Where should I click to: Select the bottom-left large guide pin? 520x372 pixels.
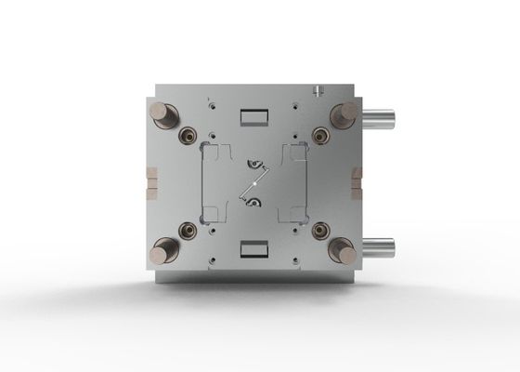coord(166,248)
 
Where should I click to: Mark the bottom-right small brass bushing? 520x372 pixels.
coord(320,229)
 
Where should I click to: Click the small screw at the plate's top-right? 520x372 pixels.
coord(318,91)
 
